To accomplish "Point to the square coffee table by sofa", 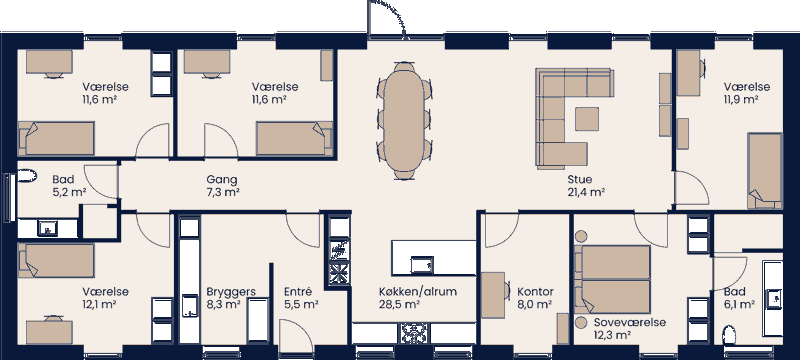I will click(587, 118).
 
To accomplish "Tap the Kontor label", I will click(535, 291).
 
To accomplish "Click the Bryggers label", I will click(230, 291).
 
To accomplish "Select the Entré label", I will click(300, 291).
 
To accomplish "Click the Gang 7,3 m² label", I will click(221, 179).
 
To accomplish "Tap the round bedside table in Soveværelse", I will click(581, 324).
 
